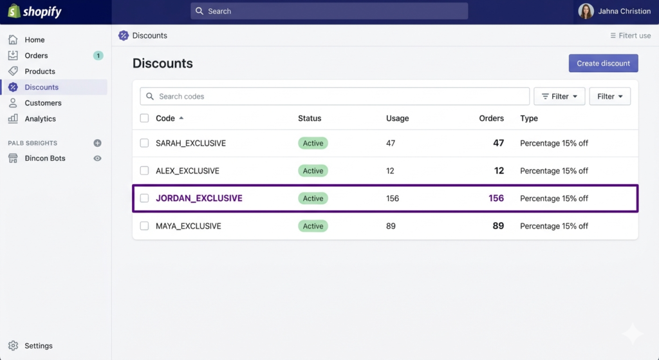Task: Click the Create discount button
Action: coord(603,63)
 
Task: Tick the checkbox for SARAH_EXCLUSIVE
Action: coord(145,143)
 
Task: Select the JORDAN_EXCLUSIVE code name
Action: coord(199,198)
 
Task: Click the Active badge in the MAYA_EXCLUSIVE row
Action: coord(313,226)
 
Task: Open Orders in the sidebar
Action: coord(36,55)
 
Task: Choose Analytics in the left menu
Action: coord(40,118)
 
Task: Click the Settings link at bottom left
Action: coord(38,346)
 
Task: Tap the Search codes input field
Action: coord(335,97)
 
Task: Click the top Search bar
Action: coord(329,11)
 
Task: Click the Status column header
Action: coord(310,118)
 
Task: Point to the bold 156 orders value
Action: coord(496,198)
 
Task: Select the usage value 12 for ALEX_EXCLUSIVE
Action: coord(391,171)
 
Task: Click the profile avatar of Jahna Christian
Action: coord(586,11)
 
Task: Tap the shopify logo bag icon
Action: coord(14,11)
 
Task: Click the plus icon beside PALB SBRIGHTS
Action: coord(98,143)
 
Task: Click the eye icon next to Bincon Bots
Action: coord(98,158)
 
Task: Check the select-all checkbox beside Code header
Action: coord(145,118)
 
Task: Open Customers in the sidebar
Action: coord(42,103)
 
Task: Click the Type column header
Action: coord(529,118)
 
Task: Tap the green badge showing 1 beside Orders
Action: coord(98,55)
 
